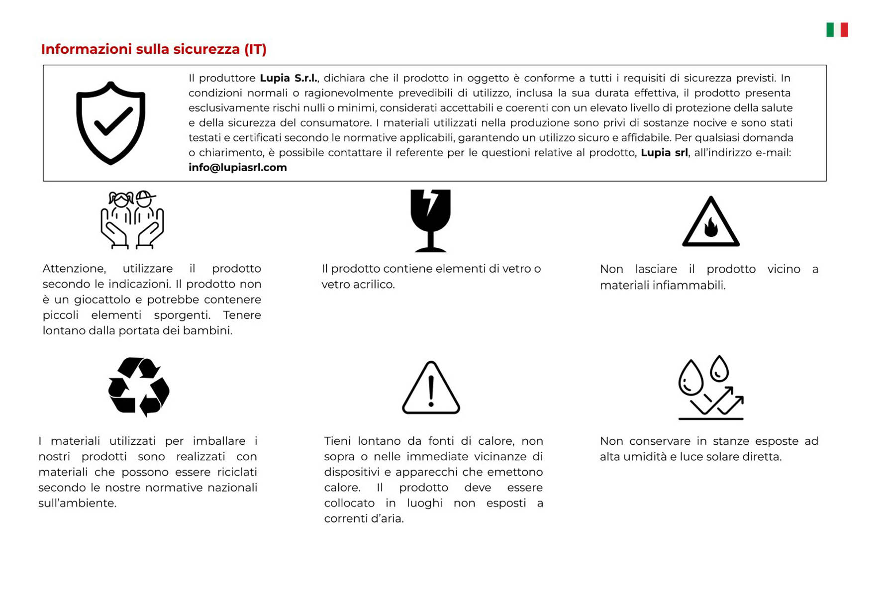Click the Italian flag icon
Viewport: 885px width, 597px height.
point(837,30)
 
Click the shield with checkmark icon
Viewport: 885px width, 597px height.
point(110,123)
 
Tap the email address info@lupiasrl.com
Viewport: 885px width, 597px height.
point(237,168)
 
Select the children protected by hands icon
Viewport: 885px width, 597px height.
point(132,219)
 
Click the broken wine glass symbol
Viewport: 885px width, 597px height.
point(430,220)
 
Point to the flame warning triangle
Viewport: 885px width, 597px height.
point(710,222)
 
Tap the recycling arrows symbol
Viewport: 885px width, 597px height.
point(139,387)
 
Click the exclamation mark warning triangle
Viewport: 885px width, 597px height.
point(431,388)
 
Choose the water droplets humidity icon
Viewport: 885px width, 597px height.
point(710,388)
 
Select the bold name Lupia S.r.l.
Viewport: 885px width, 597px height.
point(289,78)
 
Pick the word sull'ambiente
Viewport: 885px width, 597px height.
point(77,503)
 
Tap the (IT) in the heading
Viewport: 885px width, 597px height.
point(255,49)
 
